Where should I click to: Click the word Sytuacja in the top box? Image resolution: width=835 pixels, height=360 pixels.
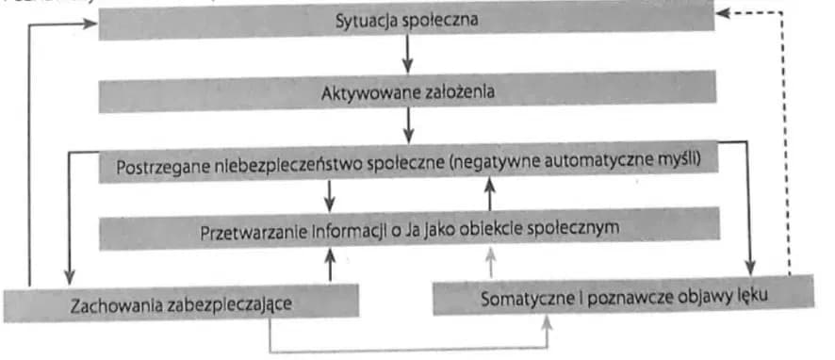362,20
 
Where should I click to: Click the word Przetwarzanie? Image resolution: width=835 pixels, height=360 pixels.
248,229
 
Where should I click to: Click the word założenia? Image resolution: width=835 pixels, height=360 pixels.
458,93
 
